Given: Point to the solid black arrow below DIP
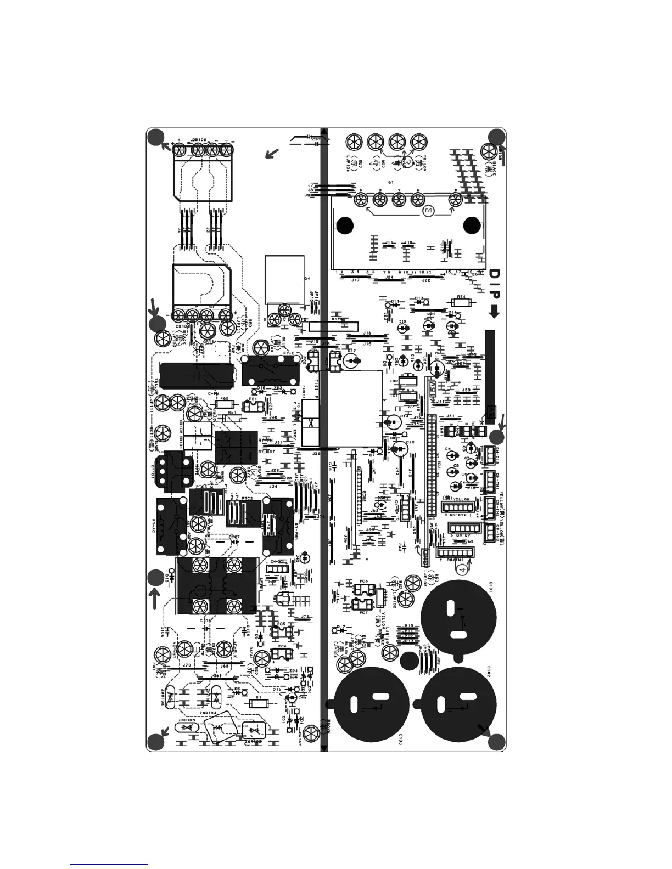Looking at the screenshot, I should tap(494, 312).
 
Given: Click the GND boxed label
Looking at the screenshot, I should tap(425, 558).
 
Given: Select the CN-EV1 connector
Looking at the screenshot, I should tap(462, 529).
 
